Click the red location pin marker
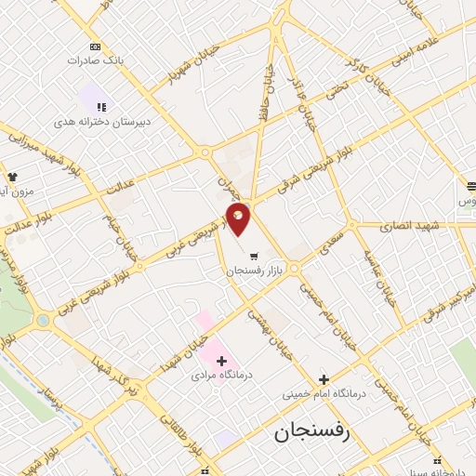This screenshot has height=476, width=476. [x=239, y=218]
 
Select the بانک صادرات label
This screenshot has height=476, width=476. [x=95, y=59]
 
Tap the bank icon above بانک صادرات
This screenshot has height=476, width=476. [x=95, y=46]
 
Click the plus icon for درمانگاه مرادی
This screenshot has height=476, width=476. [x=221, y=360]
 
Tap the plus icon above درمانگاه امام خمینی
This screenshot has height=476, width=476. [x=324, y=379]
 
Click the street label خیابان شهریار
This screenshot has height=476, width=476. [x=190, y=60]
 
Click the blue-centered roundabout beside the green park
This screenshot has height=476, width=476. [x=42, y=321]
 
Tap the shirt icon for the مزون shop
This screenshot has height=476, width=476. [x=12, y=177]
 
